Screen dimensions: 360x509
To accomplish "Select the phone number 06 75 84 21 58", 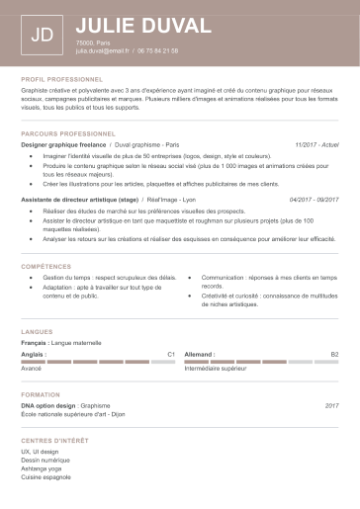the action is [158, 49].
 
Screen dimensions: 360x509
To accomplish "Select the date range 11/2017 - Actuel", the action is [316, 144].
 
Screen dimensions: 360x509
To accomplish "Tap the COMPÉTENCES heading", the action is [45, 267].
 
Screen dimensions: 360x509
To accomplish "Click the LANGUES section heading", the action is [36, 331].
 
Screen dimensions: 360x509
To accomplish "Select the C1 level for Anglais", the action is [171, 353].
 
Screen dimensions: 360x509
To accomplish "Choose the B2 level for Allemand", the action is [334, 353].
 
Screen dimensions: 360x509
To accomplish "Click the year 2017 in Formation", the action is [331, 405].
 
